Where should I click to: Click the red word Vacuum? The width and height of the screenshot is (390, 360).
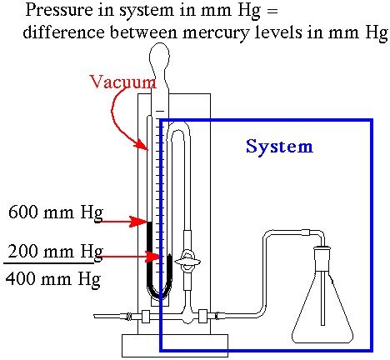pyautogui.click(x=123, y=82)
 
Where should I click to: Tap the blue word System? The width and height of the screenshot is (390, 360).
pyautogui.click(x=279, y=147)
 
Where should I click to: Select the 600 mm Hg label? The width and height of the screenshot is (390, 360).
pyautogui.click(x=56, y=213)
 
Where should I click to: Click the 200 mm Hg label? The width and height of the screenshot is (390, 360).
pyautogui.click(x=56, y=252)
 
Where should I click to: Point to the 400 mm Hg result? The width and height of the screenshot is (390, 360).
pyautogui.click(x=53, y=279)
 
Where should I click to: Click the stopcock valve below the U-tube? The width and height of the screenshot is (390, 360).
pyautogui.click(x=187, y=262)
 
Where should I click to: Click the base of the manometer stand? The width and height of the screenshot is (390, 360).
pyautogui.click(x=175, y=346)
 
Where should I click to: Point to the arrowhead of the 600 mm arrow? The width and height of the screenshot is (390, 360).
pyautogui.click(x=139, y=222)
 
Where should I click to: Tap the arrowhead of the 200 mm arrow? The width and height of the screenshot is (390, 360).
pyautogui.click(x=153, y=257)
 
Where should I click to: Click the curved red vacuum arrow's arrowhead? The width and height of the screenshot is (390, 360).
pyautogui.click(x=141, y=145)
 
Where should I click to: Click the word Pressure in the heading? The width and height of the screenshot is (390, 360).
pyautogui.click(x=59, y=10)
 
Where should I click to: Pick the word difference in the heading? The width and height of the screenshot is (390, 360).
pyautogui.click(x=64, y=32)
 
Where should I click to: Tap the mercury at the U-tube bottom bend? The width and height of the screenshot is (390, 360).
pyautogui.click(x=159, y=293)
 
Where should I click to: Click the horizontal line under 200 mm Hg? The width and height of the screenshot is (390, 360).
pyautogui.click(x=49, y=262)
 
